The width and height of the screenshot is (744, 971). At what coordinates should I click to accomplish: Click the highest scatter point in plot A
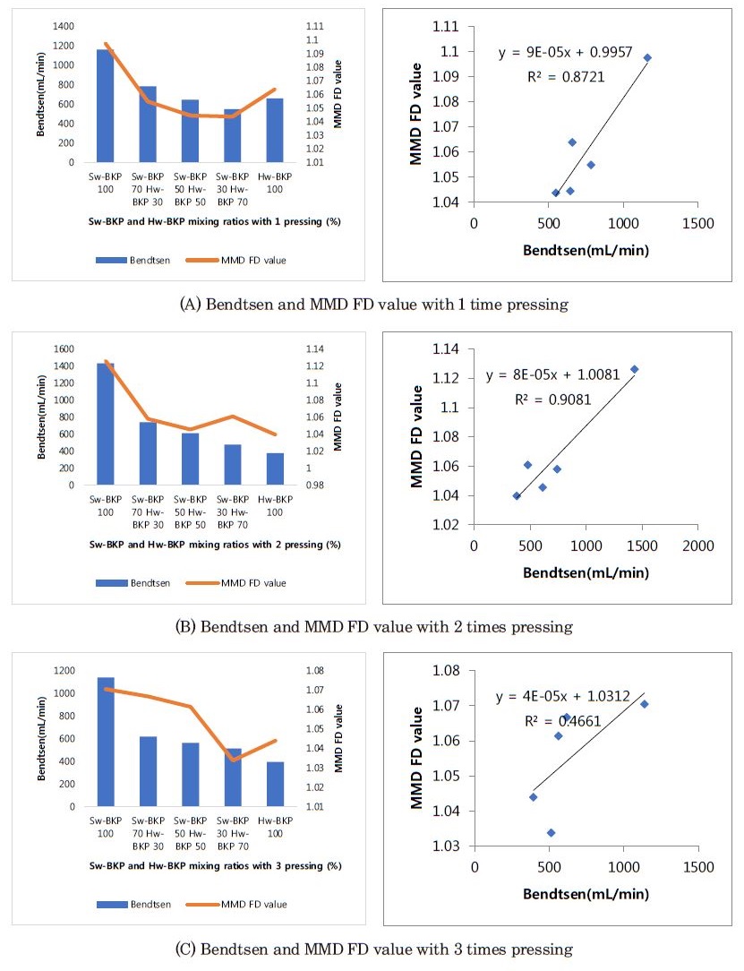click(647, 58)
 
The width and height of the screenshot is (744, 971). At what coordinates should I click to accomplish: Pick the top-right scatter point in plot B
click(634, 369)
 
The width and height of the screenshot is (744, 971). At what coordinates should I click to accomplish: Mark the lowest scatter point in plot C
click(551, 833)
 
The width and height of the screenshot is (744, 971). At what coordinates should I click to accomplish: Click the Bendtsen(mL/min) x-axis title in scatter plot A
click(586, 250)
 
